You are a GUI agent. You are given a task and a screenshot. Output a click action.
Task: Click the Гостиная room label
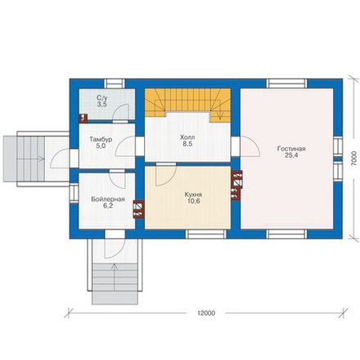point(291,149)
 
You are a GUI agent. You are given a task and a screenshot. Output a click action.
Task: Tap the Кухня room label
point(193,195)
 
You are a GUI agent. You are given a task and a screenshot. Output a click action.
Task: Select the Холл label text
point(187,137)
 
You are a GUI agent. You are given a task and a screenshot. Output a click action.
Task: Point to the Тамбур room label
point(101,139)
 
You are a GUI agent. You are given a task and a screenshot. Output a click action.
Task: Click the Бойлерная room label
point(108,200)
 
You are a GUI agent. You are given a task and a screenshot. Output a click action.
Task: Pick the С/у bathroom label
point(101,97)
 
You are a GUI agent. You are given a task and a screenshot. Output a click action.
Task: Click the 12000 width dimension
point(206,313)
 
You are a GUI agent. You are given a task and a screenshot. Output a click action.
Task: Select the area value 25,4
point(291,155)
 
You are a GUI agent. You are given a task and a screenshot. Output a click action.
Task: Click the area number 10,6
point(193,201)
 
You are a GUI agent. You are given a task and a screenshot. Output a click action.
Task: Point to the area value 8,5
point(187,144)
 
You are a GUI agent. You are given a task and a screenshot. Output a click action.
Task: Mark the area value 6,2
point(108,206)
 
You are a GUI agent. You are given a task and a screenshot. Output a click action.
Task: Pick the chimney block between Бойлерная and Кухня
point(138,209)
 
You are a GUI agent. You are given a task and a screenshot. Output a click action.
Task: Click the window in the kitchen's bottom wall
point(206,234)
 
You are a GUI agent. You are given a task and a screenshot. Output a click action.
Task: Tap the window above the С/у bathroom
point(115,83)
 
